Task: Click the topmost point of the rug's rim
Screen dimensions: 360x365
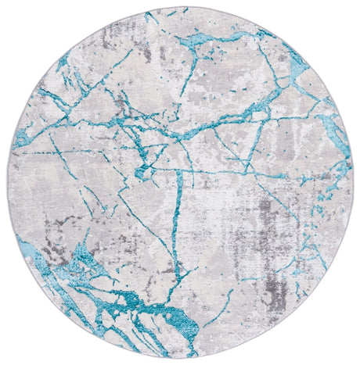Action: [x=180, y=7]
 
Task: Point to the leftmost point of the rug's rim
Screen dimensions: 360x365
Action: [x=10, y=184]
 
